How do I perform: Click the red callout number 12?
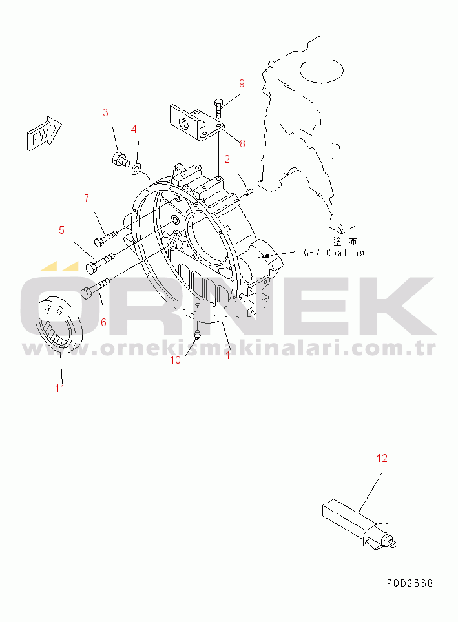pos(382,458)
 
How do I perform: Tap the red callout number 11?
pos(59,388)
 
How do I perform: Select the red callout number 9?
pos(242,83)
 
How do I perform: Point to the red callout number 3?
pos(105,112)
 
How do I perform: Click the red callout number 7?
pos(87,198)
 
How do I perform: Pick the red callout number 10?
pos(175,360)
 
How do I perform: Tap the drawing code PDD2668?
pos(410,583)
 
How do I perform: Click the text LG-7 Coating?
pos(331,253)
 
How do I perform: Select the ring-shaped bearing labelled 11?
pos(61,324)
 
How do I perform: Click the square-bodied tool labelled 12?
pos(360,524)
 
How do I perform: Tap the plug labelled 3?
pos(120,159)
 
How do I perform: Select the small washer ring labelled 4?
pos(136,170)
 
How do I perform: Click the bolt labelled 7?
pos(105,237)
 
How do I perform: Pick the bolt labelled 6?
pos(95,288)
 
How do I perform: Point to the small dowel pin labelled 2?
pos(249,192)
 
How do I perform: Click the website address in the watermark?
pos(229,349)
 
